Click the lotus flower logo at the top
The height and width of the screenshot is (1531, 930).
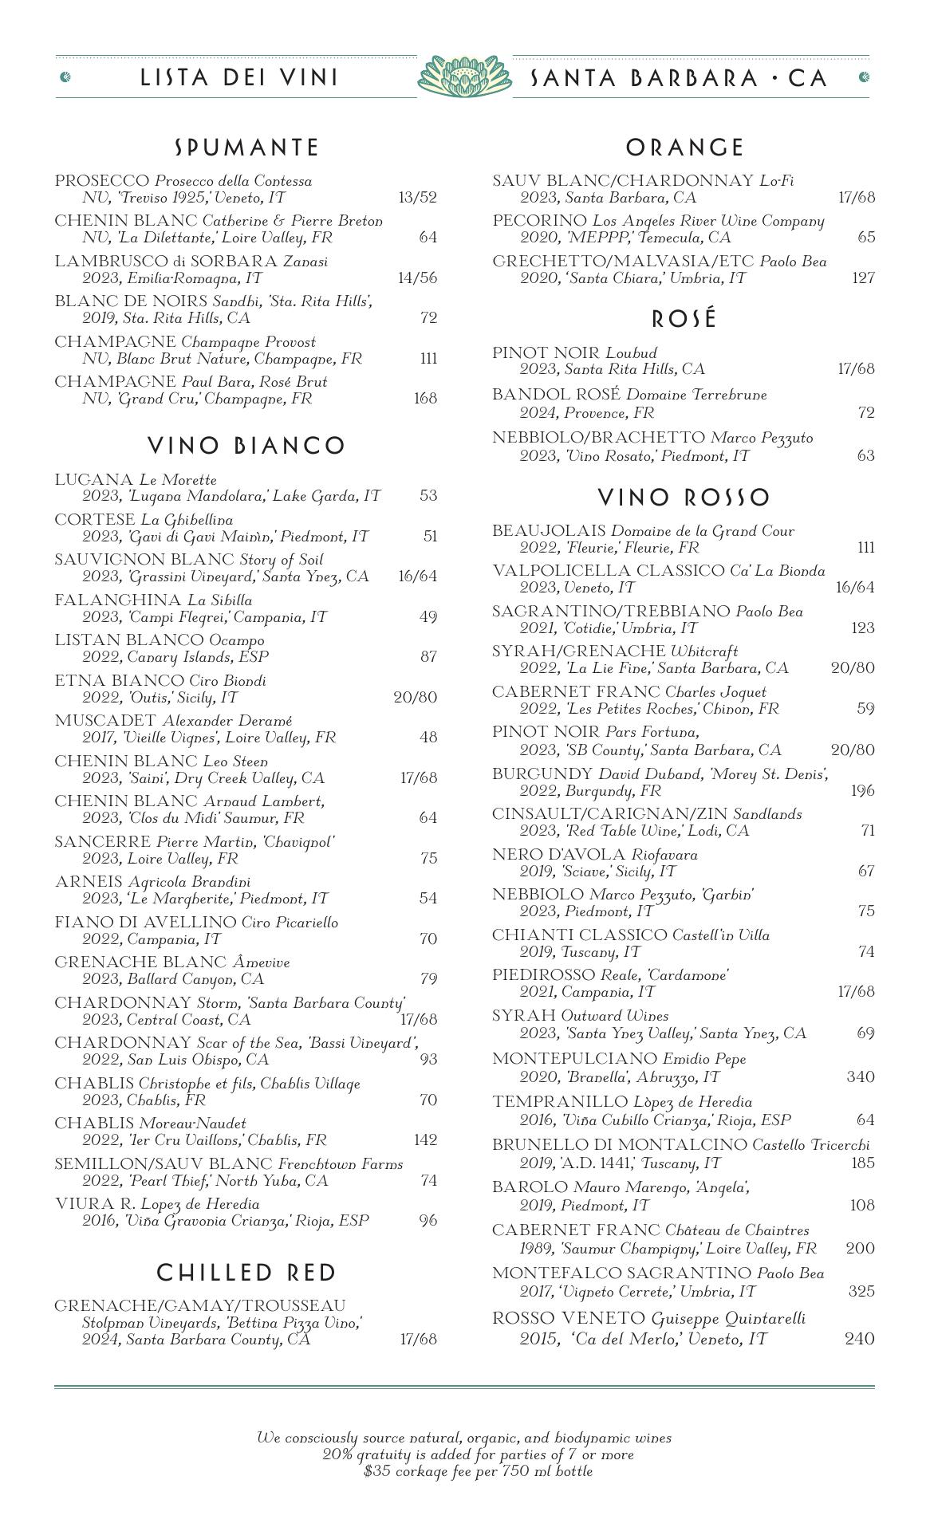point(464,77)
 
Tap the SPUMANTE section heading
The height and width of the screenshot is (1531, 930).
point(246,148)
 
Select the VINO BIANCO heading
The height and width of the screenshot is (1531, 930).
point(246,446)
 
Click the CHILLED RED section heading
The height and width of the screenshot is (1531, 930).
point(246,1273)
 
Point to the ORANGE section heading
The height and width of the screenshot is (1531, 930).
point(684,148)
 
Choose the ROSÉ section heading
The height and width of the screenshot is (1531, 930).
point(684,319)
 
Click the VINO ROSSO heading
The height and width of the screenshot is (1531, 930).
point(684,498)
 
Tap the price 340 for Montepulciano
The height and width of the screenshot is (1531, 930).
point(860,1076)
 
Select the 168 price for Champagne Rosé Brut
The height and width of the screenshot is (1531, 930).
point(425,399)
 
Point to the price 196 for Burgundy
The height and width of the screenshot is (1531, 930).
point(862,790)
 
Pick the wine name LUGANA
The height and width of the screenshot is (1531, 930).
point(94,480)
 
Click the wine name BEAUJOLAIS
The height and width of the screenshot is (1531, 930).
point(549,531)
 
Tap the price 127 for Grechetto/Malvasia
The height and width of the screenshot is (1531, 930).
point(862,277)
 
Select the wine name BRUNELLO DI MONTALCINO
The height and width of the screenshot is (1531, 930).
point(620,1145)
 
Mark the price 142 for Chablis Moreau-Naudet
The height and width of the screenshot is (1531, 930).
point(425,1139)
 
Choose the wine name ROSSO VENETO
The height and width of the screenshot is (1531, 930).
point(569,1319)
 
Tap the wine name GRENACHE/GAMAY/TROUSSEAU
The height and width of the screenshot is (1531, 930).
point(200,1305)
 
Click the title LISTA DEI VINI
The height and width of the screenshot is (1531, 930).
point(239,77)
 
